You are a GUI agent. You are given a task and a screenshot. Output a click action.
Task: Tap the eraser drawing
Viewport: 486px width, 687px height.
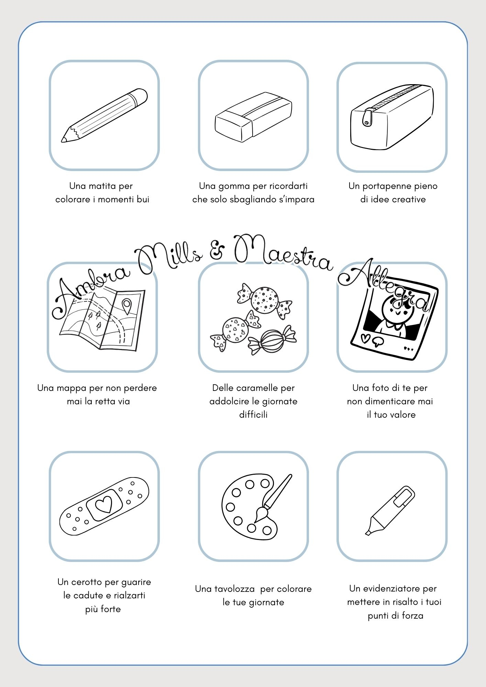pyautogui.click(x=253, y=117)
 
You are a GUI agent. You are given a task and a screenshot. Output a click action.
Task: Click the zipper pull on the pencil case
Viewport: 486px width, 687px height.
pyautogui.click(x=367, y=117)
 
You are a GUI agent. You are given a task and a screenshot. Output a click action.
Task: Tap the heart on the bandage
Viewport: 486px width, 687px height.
pyautogui.click(x=104, y=505)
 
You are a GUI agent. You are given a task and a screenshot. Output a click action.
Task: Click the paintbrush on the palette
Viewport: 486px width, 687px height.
pyautogui.click(x=273, y=498)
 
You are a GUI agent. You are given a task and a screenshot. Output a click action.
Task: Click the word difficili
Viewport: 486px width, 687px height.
pyautogui.click(x=253, y=415)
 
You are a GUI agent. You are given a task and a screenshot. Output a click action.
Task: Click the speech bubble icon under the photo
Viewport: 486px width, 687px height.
pyautogui.click(x=378, y=341)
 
